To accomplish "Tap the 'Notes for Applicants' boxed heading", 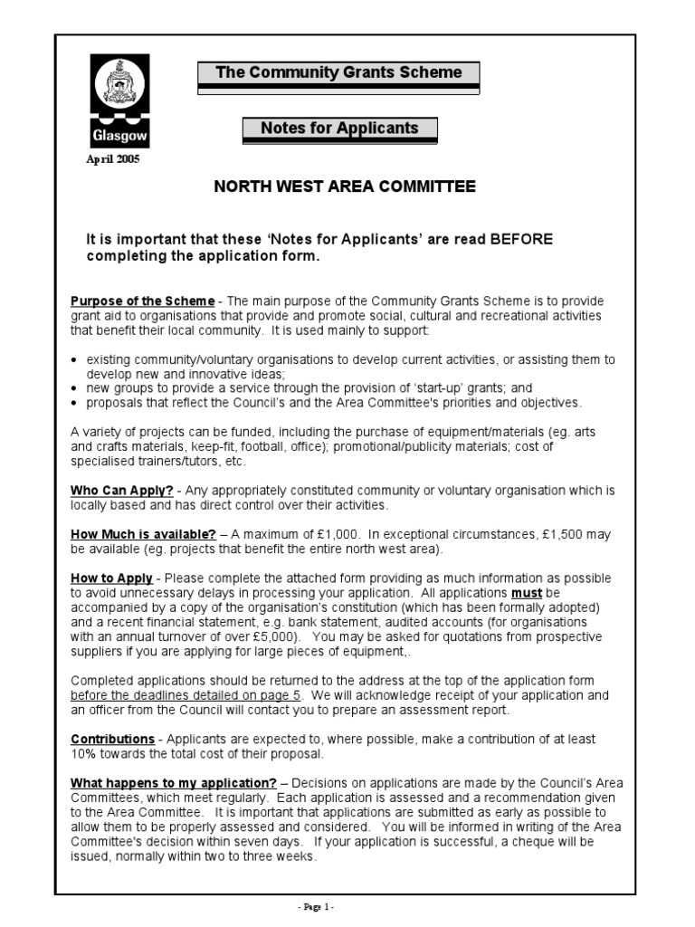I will (x=339, y=129).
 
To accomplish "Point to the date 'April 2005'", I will (x=113, y=160).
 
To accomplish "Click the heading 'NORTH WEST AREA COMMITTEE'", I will (x=344, y=187).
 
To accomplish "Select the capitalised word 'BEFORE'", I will (x=521, y=240).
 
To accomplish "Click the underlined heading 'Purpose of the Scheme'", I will (x=143, y=301).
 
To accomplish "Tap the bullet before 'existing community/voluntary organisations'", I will (x=74, y=360).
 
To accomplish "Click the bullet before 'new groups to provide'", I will (x=74, y=389).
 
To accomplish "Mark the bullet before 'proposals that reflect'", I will (x=74, y=404).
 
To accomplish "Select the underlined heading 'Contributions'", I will (x=113, y=740).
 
